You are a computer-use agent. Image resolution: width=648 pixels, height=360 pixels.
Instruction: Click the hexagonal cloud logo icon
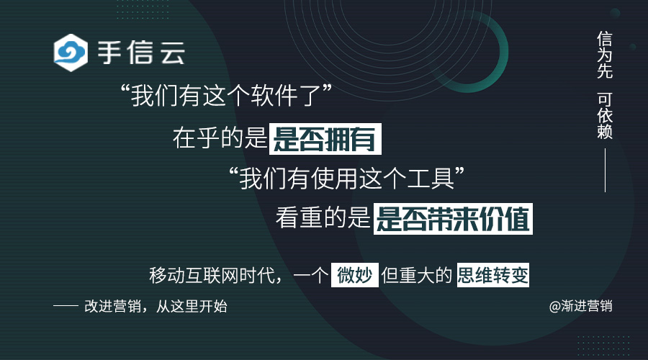pos(71,53)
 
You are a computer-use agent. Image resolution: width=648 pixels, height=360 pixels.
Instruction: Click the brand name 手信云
pos(141,53)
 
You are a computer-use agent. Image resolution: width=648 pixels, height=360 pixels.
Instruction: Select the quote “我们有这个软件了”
pos(226,95)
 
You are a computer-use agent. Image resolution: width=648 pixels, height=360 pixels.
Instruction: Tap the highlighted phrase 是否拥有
pos(325,139)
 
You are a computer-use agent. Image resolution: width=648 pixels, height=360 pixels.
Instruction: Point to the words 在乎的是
pos(220,138)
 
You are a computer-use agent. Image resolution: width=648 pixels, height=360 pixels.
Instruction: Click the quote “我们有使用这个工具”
pos(347,178)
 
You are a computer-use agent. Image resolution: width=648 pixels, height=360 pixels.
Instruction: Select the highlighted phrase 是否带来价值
pos(453,219)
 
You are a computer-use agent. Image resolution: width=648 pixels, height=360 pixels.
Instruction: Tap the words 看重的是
pos(323,218)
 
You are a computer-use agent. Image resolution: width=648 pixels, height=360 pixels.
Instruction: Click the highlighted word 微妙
pos(354,275)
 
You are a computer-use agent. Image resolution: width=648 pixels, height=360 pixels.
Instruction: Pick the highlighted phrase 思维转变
pos(493,275)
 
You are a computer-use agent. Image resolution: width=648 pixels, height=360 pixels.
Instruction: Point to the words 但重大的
pos(417,275)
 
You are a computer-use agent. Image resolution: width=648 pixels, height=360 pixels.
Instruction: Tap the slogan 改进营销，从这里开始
pos(156,306)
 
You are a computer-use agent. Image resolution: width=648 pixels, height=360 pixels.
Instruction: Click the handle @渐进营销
pos(580,306)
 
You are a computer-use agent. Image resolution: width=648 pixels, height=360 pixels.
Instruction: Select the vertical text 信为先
pos(605,55)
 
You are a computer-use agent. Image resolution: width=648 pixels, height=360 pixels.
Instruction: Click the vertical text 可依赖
pos(605,115)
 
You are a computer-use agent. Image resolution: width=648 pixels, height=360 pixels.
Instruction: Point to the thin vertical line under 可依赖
pos(605,171)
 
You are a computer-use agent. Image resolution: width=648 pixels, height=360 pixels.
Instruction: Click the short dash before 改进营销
pos(66,306)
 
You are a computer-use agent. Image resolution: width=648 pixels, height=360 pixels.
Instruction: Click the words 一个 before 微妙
pos(311,275)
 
